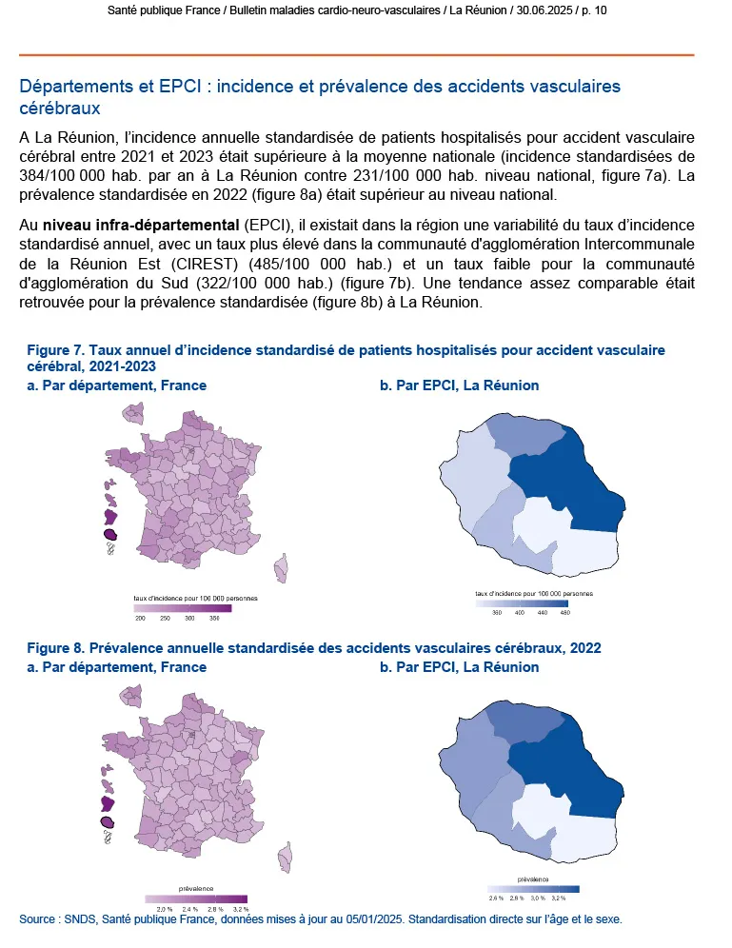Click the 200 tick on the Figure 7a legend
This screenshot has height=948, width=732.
140,619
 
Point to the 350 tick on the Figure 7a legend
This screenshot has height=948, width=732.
214,619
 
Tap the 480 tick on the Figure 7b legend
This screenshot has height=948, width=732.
563,613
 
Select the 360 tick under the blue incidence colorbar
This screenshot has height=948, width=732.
496,613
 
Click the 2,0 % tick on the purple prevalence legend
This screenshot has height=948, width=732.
164,909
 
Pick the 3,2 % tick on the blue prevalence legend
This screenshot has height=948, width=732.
558,898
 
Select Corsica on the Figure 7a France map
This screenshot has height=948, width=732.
281,568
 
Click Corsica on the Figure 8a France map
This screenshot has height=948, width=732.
281,850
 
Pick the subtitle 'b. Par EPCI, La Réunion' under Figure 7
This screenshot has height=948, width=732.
459,385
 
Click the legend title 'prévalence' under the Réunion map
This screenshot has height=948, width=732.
533,879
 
